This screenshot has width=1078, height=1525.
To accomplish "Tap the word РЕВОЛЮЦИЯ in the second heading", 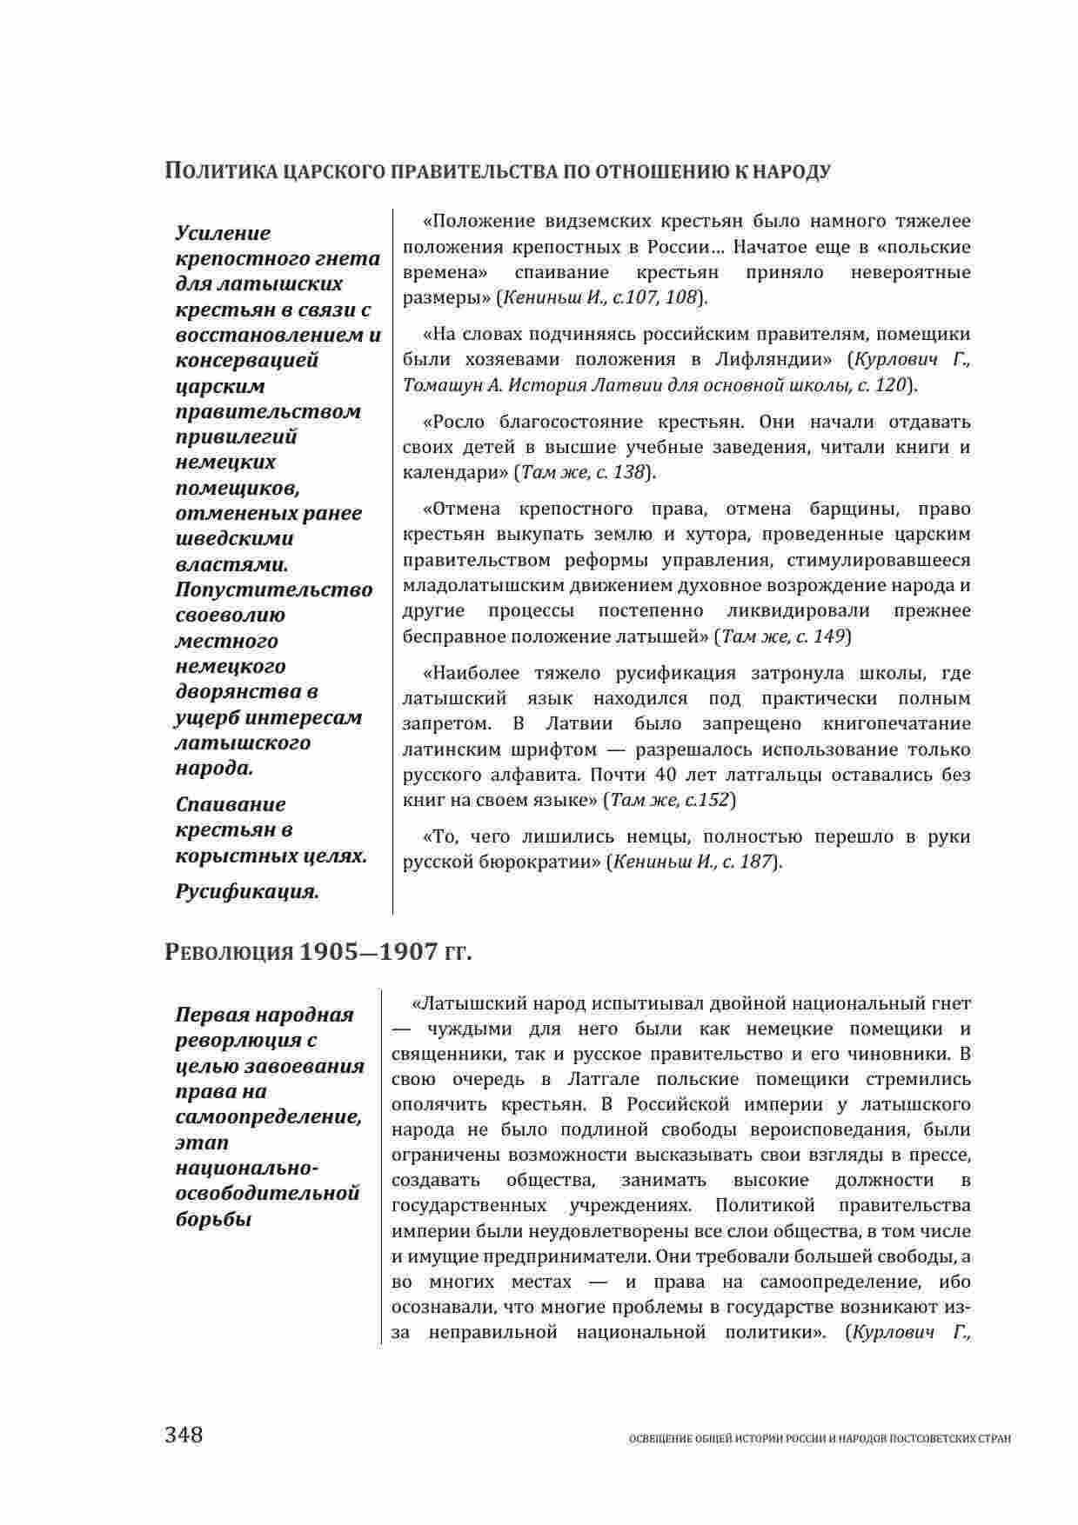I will [229, 953].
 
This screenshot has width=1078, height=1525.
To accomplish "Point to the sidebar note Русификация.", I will [247, 891].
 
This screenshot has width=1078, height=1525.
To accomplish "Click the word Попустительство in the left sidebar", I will [274, 589].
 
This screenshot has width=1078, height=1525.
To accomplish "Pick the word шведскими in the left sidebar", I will [235, 538].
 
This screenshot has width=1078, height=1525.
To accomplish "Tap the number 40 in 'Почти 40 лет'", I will [666, 774].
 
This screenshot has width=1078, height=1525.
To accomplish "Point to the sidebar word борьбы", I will [214, 1219].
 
